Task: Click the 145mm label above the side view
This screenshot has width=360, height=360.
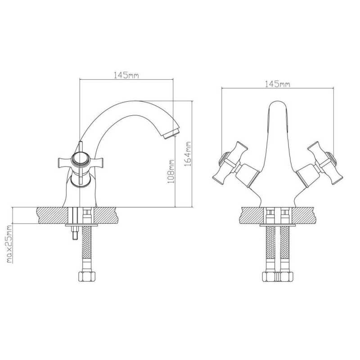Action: (126, 75)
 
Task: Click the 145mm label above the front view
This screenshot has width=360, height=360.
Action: (278, 84)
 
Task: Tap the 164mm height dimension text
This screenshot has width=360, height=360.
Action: (188, 154)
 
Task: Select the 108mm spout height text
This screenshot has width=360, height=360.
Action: (171, 171)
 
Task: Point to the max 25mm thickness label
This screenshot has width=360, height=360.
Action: (9, 244)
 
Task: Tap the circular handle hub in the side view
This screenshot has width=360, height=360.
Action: (80, 159)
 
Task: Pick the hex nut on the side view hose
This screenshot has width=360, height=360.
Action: (87, 276)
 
